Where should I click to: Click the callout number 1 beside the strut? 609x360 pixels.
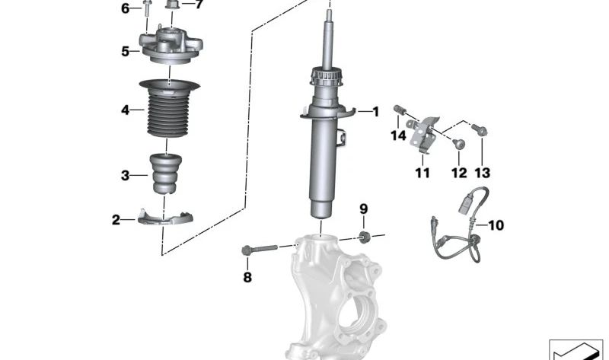point(375,112)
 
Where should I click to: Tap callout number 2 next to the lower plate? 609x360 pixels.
point(116,220)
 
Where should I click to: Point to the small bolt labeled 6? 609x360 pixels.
point(145,9)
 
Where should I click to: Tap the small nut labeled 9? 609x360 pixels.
point(363,236)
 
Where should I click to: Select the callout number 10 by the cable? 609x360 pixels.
point(496,225)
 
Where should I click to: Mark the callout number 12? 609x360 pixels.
point(458,173)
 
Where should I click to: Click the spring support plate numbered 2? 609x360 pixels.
point(165,218)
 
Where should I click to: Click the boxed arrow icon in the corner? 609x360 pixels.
point(576,349)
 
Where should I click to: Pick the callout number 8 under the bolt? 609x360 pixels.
point(247,278)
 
